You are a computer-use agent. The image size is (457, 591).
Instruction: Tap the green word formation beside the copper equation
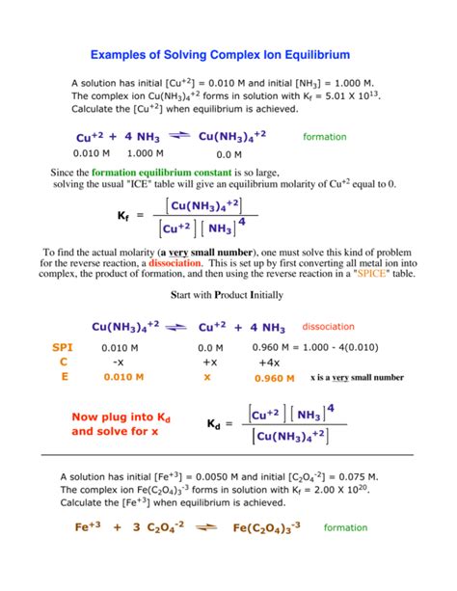click(324, 137)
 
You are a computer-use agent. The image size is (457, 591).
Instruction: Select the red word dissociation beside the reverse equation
click(329, 326)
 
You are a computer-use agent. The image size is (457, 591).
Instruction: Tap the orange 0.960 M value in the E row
click(273, 379)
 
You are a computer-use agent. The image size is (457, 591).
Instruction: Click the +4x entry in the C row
click(269, 363)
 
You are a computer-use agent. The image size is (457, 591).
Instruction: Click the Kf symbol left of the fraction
click(124, 215)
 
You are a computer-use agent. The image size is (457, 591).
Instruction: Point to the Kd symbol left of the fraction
click(215, 424)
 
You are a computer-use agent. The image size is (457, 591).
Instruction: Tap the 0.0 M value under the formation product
click(228, 154)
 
